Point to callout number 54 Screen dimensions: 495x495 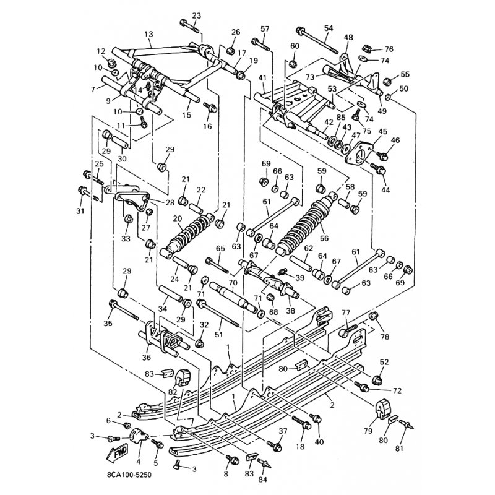(x=328, y=28)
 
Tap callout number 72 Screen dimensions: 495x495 (x=397, y=391)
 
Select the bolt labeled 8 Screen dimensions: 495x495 (x=233, y=460)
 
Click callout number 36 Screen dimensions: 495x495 (x=146, y=356)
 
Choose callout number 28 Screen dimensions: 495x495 (x=170, y=202)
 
